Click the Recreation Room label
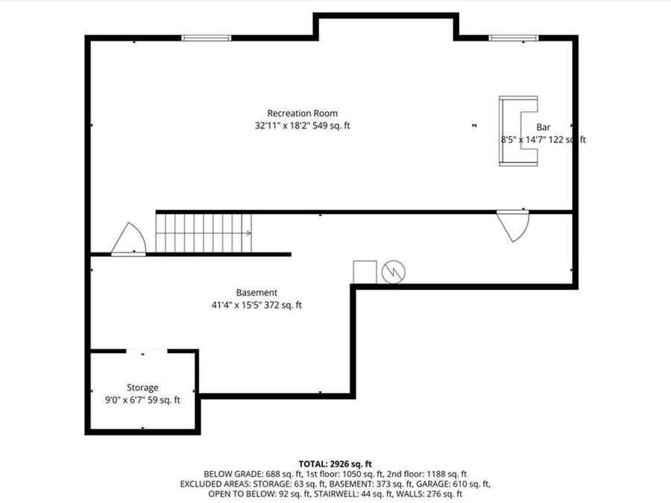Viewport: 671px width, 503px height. pyautogui.click(x=302, y=113)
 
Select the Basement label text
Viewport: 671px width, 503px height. pyautogui.click(x=256, y=293)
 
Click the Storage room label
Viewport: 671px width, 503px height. pyautogui.click(x=142, y=387)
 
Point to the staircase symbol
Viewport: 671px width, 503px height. pyautogui.click(x=204, y=232)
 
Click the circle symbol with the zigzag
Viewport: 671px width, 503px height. pyautogui.click(x=393, y=272)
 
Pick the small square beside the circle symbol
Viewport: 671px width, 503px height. pyautogui.click(x=365, y=272)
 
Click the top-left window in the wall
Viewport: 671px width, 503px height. pyautogui.click(x=207, y=38)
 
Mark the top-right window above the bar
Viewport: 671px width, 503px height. pyautogui.click(x=513, y=37)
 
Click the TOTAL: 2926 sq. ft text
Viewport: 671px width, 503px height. pyautogui.click(x=335, y=464)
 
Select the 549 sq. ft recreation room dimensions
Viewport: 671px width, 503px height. pyautogui.click(x=302, y=126)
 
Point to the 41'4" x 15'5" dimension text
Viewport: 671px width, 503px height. pyautogui.click(x=256, y=305)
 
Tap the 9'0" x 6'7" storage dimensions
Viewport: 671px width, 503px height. pyautogui.click(x=142, y=400)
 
